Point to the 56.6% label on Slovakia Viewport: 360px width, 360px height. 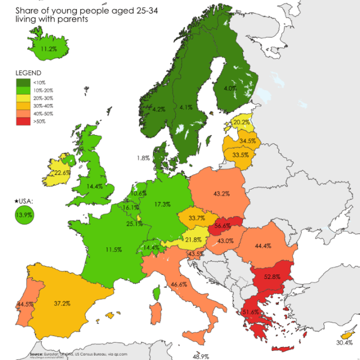point(223,226)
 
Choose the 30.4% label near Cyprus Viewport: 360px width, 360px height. point(344,343)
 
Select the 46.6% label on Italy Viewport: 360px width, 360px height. point(179,285)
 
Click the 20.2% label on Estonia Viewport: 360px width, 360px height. point(242,123)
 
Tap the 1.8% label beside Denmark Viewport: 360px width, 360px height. point(143,158)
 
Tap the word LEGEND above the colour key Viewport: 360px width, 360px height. point(28,74)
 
